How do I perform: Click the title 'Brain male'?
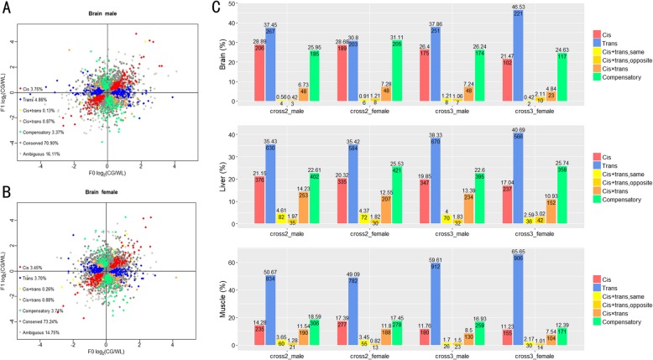coord(107,14)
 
